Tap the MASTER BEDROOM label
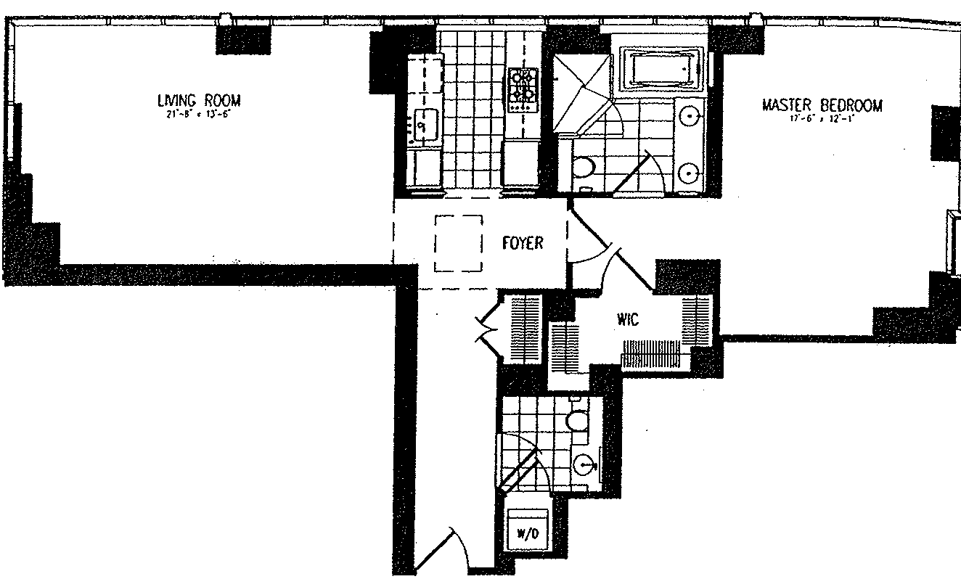[x=822, y=106]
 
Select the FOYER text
[x=522, y=243]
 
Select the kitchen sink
[x=426, y=124]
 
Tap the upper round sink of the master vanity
[x=690, y=115]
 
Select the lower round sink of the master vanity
[x=690, y=172]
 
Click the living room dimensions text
[x=198, y=114]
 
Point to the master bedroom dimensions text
[x=822, y=119]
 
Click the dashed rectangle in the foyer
[x=459, y=243]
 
